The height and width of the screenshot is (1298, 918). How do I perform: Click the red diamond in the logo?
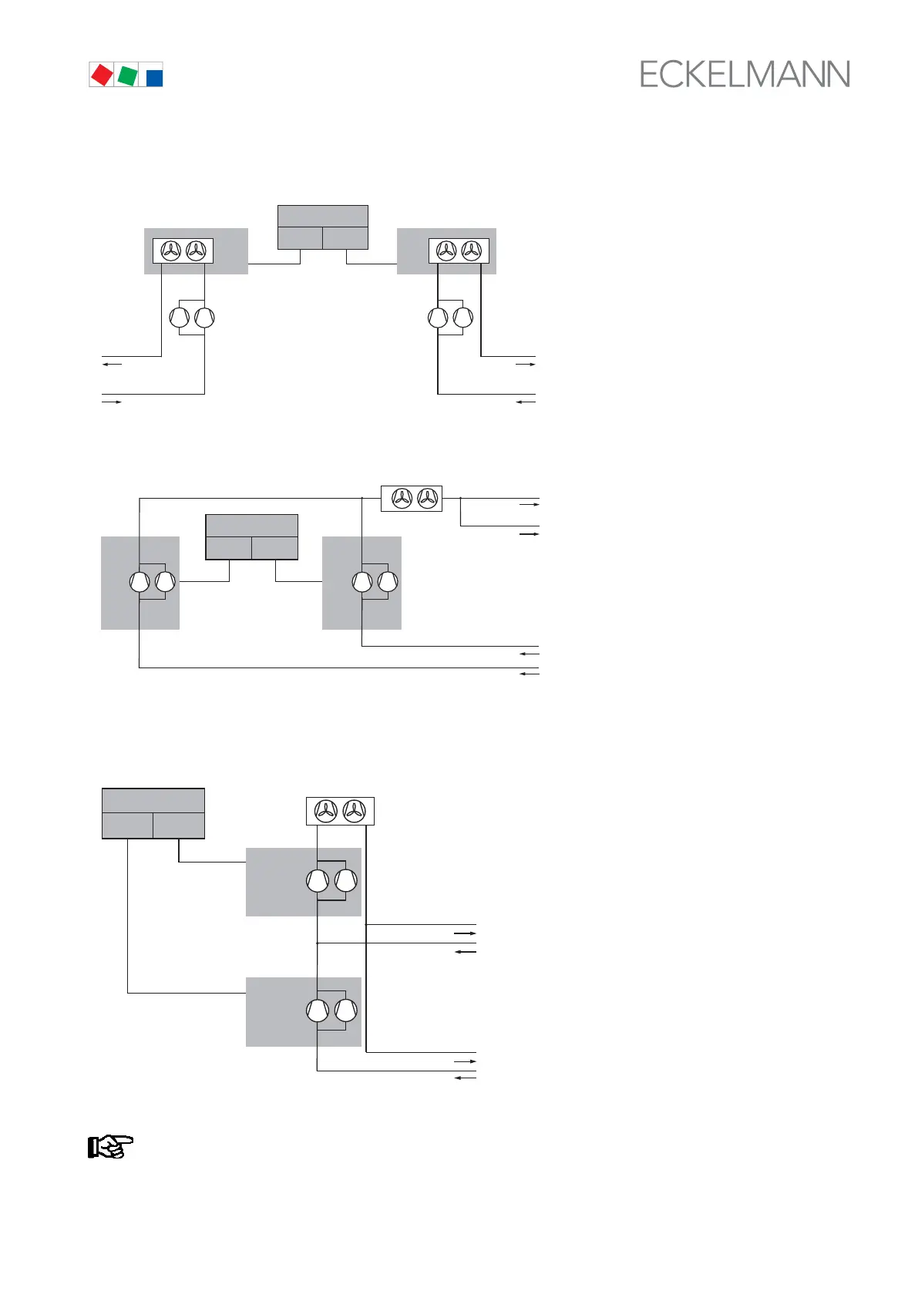(x=102, y=74)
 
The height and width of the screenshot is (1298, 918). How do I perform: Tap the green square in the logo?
(x=128, y=76)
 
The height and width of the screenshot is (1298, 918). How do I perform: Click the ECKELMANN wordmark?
(x=745, y=75)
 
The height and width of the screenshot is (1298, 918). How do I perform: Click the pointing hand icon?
(x=110, y=1147)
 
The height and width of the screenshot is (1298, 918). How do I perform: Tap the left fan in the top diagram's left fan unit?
(x=170, y=251)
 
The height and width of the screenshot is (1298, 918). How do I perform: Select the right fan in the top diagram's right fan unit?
(x=471, y=251)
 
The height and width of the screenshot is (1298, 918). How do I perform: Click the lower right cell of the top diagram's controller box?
(x=345, y=238)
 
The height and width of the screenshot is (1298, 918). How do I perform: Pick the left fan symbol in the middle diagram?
(x=402, y=499)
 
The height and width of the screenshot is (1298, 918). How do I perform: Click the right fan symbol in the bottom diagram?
(x=354, y=811)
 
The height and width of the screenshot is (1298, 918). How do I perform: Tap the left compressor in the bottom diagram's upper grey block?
(x=318, y=881)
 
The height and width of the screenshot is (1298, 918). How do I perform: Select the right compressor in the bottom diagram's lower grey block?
(x=346, y=1010)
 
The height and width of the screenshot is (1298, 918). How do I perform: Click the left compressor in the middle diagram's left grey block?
(x=140, y=582)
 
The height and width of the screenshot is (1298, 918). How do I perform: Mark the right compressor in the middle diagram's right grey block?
(x=388, y=582)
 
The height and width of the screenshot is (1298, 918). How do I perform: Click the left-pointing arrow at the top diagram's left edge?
(x=113, y=364)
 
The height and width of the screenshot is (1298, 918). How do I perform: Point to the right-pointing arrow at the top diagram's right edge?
(x=526, y=364)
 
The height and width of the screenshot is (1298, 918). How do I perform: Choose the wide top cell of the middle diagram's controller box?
(x=251, y=525)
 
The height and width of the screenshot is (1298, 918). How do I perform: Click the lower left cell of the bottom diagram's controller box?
(x=127, y=826)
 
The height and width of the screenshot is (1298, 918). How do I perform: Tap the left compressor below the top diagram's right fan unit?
(x=438, y=318)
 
